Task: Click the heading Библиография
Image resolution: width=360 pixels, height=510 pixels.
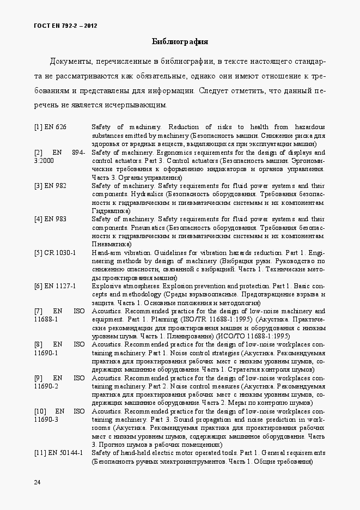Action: (x=180, y=41)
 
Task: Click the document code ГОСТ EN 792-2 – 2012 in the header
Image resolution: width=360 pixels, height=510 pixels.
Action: (x=66, y=26)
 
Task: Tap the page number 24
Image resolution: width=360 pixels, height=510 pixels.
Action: (x=37, y=482)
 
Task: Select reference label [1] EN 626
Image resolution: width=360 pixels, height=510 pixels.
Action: (x=50, y=127)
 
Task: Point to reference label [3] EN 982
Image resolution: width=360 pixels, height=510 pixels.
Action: (x=50, y=186)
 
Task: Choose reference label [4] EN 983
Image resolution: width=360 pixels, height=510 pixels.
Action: (x=50, y=219)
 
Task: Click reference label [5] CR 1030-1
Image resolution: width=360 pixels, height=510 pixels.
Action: (x=55, y=253)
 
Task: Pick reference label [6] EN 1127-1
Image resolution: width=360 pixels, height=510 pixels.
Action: (x=55, y=286)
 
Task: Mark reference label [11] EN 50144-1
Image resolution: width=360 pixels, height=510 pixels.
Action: (x=58, y=453)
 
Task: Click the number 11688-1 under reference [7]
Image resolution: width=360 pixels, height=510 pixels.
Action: (x=46, y=319)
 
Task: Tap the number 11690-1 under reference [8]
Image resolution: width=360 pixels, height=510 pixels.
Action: (x=46, y=353)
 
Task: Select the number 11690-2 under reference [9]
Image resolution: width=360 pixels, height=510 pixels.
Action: (x=46, y=386)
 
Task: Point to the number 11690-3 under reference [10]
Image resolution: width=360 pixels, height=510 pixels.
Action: (x=46, y=420)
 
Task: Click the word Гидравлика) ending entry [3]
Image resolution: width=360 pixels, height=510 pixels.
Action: (x=111, y=210)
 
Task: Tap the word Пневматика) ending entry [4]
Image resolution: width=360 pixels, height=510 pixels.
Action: (x=111, y=244)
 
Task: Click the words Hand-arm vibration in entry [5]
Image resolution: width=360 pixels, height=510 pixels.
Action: (x=114, y=253)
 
